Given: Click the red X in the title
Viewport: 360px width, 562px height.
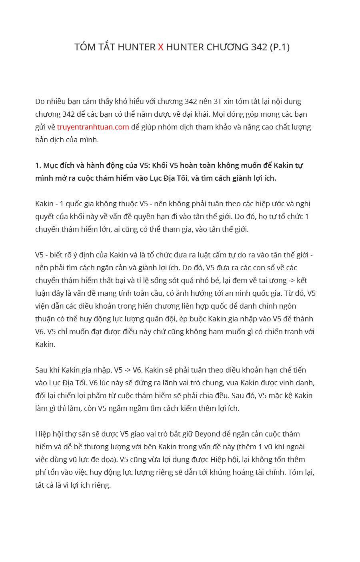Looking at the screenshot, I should coord(161,47).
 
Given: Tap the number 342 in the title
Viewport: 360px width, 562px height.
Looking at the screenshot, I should coord(259,47).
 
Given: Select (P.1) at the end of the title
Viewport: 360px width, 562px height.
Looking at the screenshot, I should coord(280,47).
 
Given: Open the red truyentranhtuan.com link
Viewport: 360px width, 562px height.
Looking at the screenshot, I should coord(93,127).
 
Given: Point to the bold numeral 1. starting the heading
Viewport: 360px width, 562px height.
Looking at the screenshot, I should coord(38,165).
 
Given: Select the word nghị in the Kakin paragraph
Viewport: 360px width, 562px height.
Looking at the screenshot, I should coord(304,204).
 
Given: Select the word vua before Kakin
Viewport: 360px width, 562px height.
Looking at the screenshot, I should coord(232,383).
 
